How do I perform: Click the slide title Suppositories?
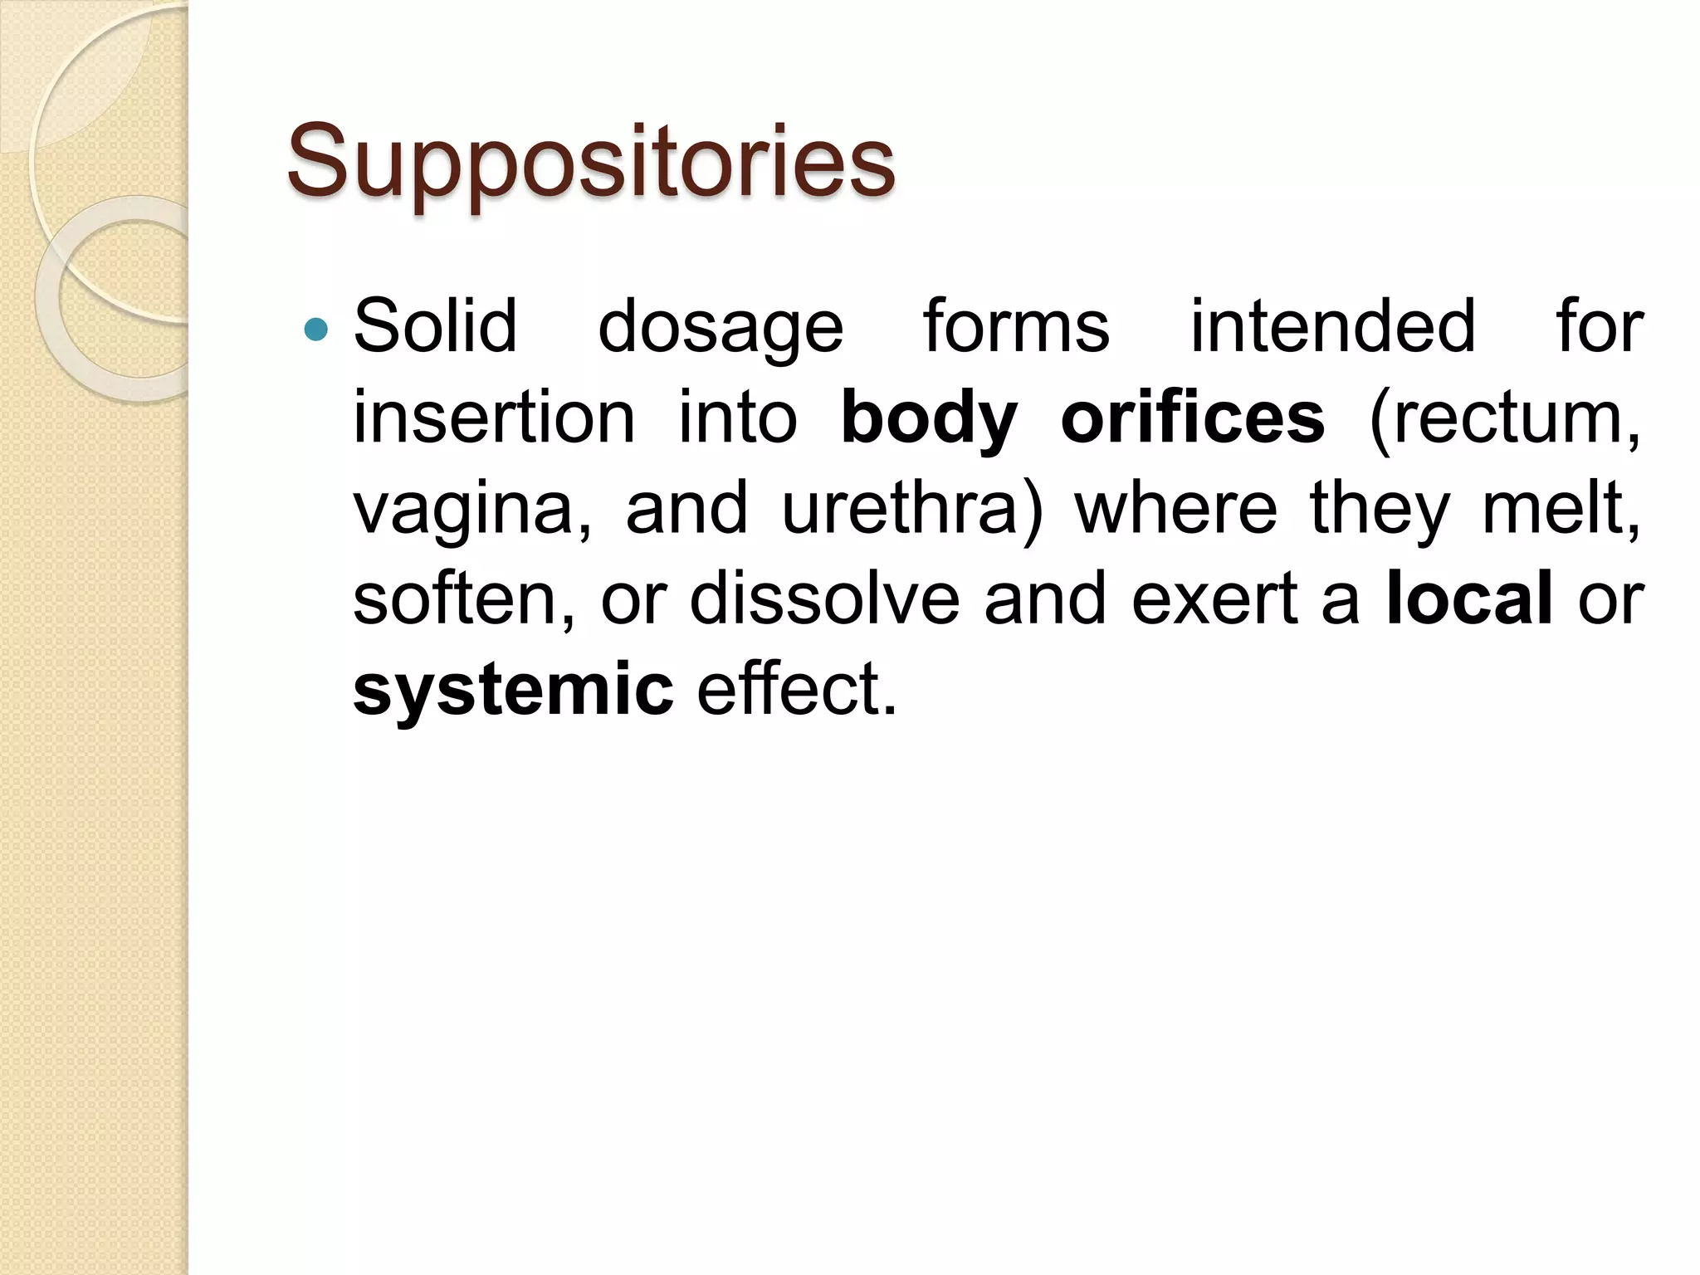click(590, 161)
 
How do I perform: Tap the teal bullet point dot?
click(316, 330)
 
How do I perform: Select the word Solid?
click(435, 326)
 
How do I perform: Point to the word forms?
click(1016, 326)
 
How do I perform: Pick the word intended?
click(1333, 326)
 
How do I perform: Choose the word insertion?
click(494, 418)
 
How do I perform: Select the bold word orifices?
click(1193, 418)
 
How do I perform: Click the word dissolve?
click(824, 599)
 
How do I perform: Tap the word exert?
click(1214, 599)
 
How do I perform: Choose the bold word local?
click(1468, 599)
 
